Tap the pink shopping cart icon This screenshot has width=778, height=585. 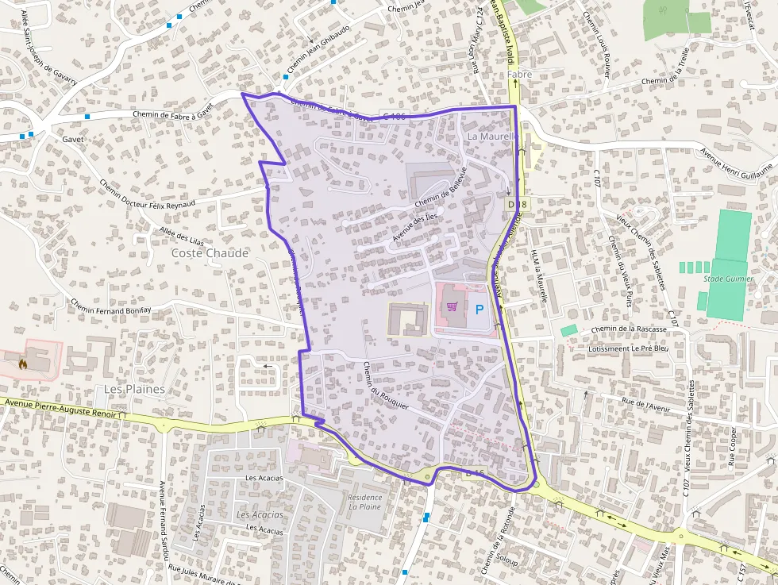pyautogui.click(x=452, y=306)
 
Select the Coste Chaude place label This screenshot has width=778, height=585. pyautogui.click(x=210, y=253)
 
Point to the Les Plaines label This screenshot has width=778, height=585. pyautogui.click(x=135, y=389)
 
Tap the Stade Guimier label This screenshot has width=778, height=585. pyautogui.click(x=727, y=279)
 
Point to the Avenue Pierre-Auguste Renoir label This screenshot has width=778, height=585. pyautogui.click(x=59, y=408)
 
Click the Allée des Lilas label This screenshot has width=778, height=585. pyautogui.click(x=182, y=237)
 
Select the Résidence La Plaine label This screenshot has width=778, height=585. pyautogui.click(x=365, y=502)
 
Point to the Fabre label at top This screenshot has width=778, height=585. pyautogui.click(x=519, y=75)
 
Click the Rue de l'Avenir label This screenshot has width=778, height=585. pyautogui.click(x=647, y=405)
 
